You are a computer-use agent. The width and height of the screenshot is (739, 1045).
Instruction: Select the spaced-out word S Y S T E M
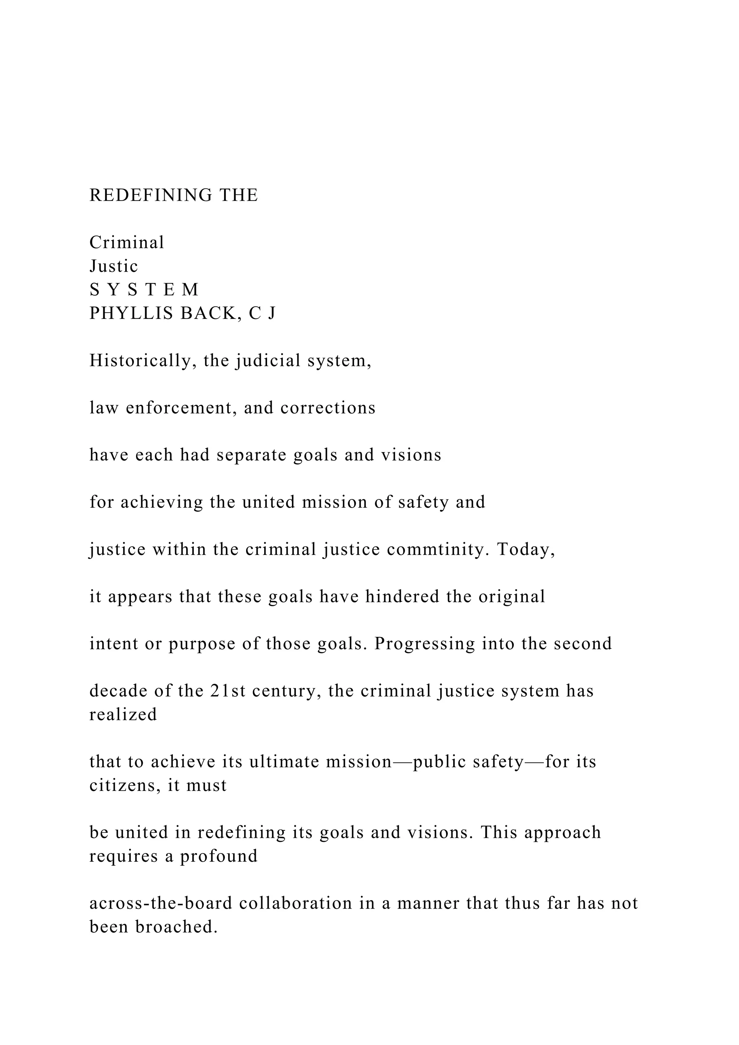pos(144,289)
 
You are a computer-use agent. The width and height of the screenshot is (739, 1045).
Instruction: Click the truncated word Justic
pos(114,266)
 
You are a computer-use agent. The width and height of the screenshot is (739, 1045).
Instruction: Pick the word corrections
pos(328,408)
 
